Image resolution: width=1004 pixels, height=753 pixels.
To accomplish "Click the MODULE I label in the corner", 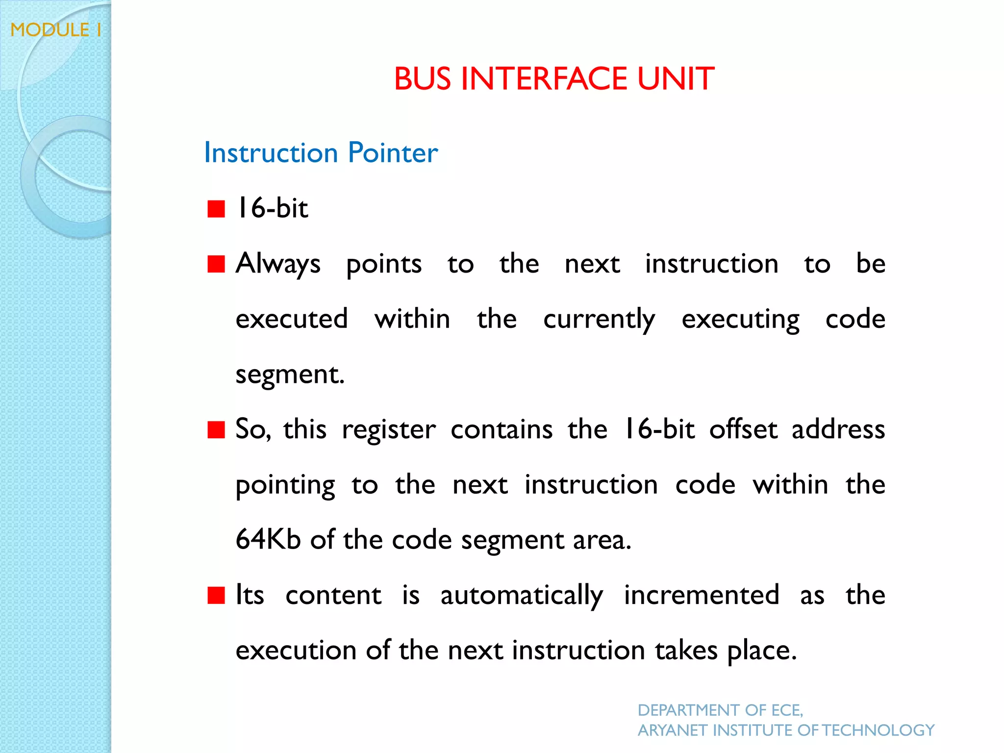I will (x=56, y=30).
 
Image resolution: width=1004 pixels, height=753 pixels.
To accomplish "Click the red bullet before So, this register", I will (x=216, y=430).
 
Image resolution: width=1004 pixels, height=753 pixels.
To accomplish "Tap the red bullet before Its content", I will (x=216, y=596).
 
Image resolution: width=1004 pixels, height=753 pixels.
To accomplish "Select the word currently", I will (x=599, y=320).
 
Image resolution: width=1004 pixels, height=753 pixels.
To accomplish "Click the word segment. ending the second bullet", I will (x=290, y=375).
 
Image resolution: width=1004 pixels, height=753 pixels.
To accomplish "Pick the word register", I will (x=388, y=430).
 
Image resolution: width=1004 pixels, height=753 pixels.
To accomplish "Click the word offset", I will (x=743, y=429).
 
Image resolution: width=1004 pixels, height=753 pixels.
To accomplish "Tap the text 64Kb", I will (x=268, y=539).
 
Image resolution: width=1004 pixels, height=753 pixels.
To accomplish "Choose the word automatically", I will (x=522, y=596).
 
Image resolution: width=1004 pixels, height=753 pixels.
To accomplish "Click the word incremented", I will (x=701, y=595).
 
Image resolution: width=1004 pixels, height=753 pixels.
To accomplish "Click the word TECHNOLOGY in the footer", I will (x=878, y=730).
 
